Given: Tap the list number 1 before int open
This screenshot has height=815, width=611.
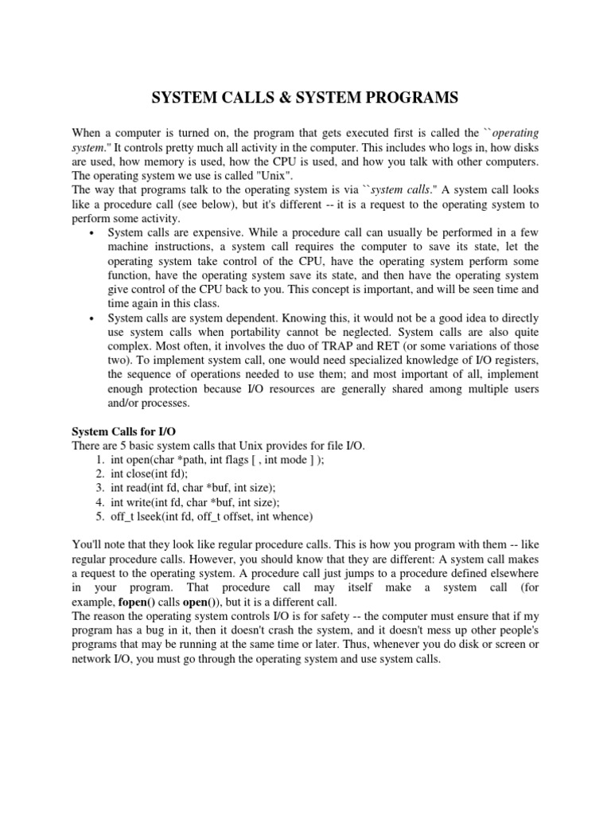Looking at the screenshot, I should click(99, 459).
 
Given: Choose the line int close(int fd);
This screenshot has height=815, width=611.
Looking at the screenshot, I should click(156, 474).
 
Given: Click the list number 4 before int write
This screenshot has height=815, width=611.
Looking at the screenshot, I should click(99, 502).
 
